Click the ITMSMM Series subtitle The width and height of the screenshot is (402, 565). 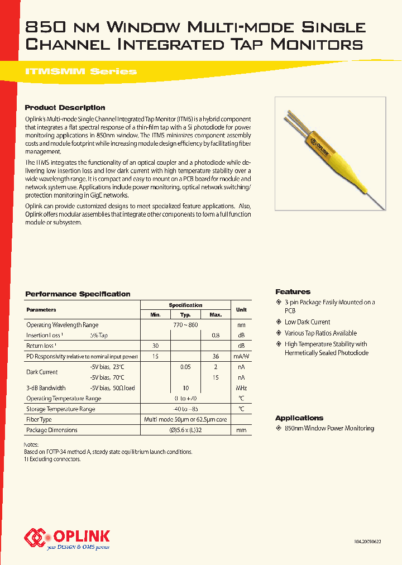[81, 71]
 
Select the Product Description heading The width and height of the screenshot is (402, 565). [65, 108]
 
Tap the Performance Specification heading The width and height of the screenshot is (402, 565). [78, 294]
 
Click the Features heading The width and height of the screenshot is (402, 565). [293, 292]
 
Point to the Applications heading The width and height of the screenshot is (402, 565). [299, 418]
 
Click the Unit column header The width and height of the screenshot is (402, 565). [241, 309]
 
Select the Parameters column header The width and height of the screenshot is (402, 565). [41, 309]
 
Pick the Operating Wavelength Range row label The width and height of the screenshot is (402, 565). [62, 325]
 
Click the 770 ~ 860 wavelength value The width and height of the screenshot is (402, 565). [185, 325]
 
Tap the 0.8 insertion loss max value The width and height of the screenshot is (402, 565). [215, 336]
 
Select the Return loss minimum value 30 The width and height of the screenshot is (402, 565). [155, 346]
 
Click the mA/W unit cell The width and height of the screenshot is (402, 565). [241, 357]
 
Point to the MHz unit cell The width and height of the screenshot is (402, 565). [241, 388]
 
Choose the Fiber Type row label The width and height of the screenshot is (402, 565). [39, 419]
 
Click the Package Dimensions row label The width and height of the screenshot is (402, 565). [52, 430]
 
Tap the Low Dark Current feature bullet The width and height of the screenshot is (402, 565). [307, 322]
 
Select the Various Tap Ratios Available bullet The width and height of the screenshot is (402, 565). [320, 333]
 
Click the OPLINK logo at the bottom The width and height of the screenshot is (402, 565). [67, 537]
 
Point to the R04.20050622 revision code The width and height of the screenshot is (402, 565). [369, 542]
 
